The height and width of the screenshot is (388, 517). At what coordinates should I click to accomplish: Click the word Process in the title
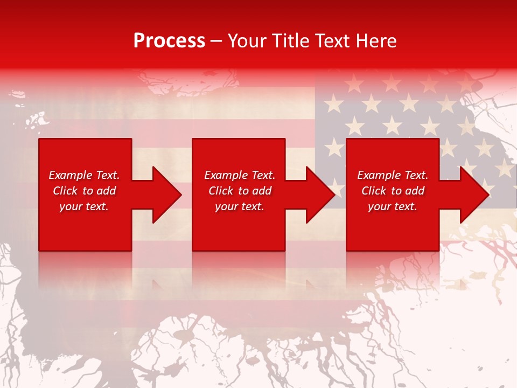(169, 41)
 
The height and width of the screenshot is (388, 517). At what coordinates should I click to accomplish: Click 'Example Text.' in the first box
(84, 175)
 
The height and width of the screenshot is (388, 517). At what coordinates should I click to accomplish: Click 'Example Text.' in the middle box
(240, 175)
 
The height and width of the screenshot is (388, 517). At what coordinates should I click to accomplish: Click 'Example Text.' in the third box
(393, 175)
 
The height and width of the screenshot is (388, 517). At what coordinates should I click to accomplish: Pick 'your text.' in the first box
(84, 207)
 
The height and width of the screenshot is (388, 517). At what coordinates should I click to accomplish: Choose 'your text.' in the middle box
(240, 207)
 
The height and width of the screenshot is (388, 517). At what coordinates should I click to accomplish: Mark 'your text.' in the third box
(393, 207)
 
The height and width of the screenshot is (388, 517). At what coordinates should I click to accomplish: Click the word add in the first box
(107, 191)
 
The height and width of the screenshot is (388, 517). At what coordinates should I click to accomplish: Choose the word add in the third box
(415, 191)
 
